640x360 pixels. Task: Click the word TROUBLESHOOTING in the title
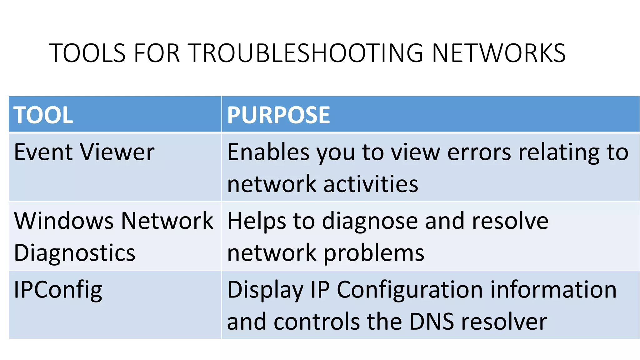(306, 53)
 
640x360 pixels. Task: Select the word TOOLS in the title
(87, 53)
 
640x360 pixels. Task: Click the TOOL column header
(43, 115)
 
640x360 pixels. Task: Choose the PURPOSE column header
(278, 115)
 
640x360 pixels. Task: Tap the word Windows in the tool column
(64, 221)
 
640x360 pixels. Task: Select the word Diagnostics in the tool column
(75, 253)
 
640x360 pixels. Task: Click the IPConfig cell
(58, 290)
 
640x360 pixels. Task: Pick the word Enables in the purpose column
(268, 152)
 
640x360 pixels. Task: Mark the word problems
(374, 253)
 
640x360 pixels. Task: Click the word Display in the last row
(265, 290)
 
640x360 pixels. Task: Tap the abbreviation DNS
(431, 322)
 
